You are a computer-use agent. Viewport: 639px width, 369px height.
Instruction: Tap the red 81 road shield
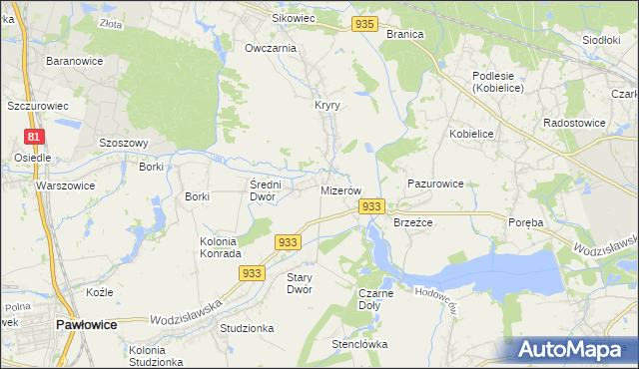34,137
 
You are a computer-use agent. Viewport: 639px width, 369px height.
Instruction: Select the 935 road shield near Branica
364,24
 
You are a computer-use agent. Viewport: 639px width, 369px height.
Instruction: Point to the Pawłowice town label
87,325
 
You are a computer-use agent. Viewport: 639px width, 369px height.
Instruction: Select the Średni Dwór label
269,189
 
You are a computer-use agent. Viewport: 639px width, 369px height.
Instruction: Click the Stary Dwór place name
300,283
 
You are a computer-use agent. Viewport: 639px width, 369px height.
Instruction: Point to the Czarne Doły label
375,299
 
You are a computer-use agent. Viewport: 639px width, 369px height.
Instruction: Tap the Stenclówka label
359,345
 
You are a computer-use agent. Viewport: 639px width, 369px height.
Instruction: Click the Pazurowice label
435,184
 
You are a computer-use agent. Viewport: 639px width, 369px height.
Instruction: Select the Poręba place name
525,222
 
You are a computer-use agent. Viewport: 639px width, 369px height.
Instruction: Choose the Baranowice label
71,61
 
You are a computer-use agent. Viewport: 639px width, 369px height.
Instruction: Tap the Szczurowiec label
37,105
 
